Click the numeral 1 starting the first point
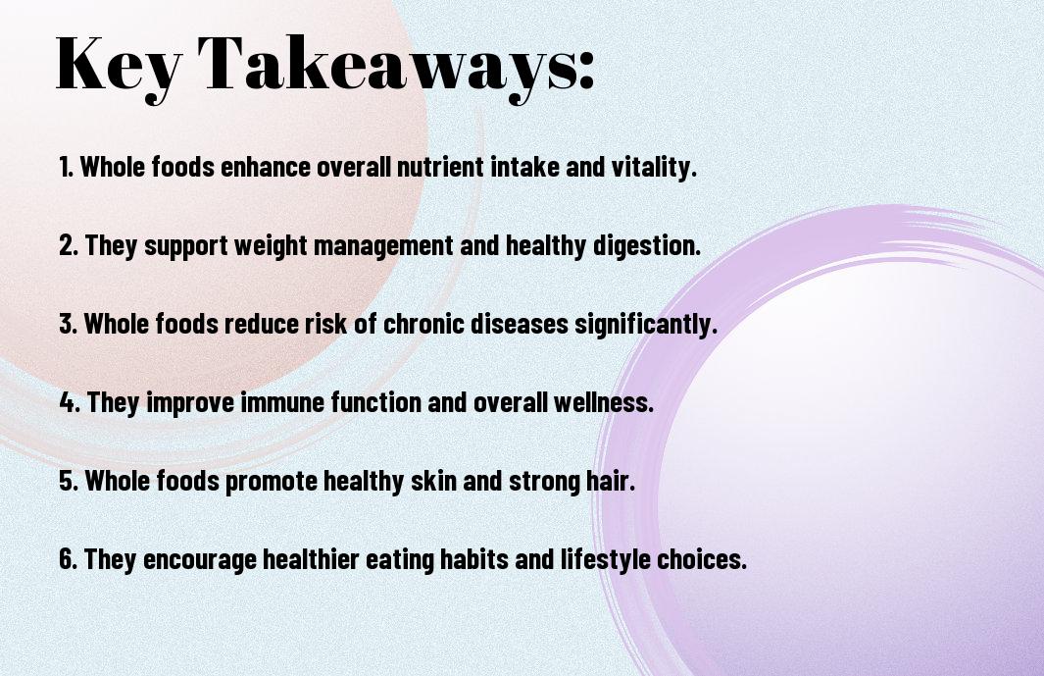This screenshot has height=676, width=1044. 65,167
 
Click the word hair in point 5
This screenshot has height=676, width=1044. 611,481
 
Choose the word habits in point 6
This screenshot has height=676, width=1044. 496,559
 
